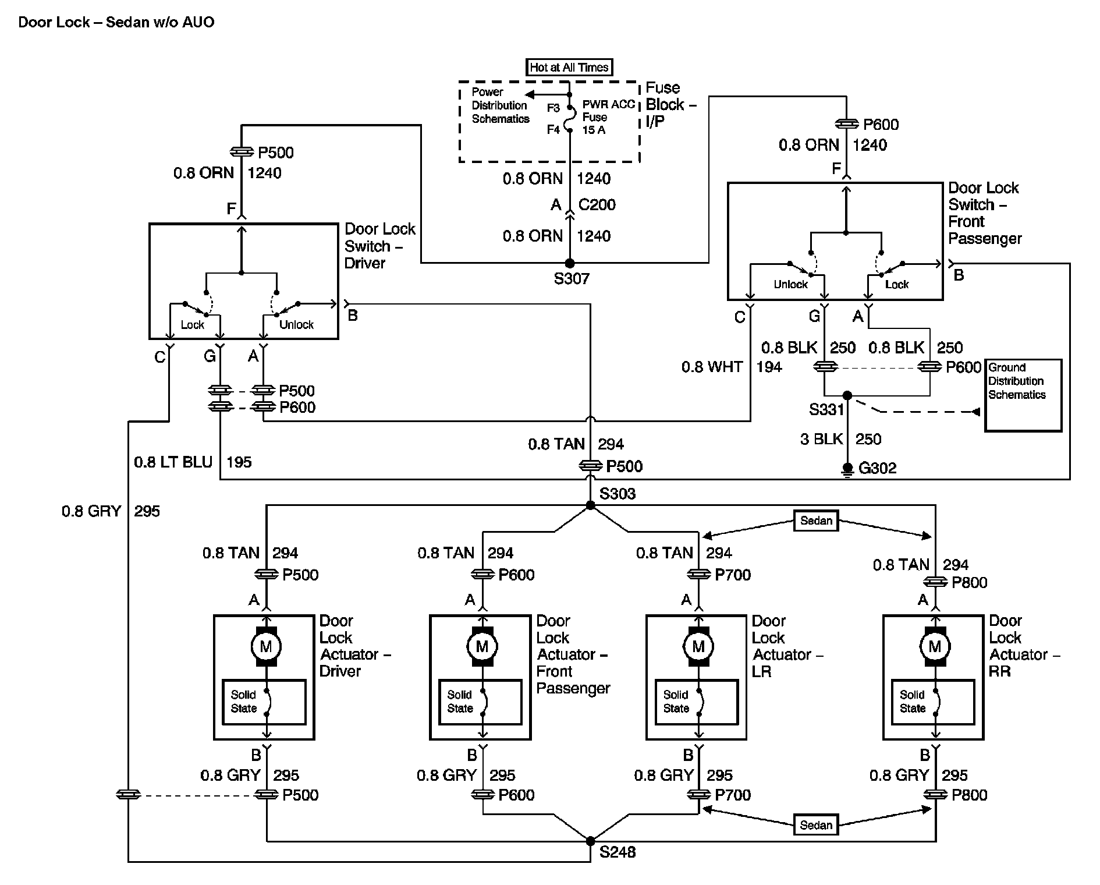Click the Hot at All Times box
(569, 68)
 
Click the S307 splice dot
(570, 264)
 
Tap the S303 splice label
(618, 494)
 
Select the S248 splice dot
(590, 841)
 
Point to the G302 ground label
(878, 468)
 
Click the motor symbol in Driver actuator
(266, 646)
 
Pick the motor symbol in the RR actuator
(935, 646)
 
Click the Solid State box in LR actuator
(697, 702)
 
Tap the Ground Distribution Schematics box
(1023, 395)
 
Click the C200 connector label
(597, 205)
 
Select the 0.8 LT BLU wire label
(173, 462)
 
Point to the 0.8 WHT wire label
(712, 367)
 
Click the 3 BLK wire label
(821, 439)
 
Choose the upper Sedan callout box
(816, 521)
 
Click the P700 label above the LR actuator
(733, 575)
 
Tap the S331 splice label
(826, 410)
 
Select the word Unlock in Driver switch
(296, 325)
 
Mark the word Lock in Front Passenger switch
(896, 285)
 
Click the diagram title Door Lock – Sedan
(116, 22)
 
